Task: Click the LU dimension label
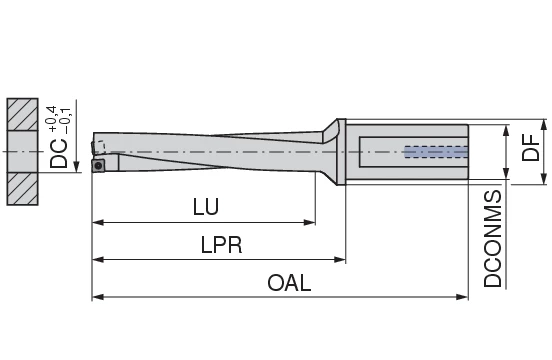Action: click(206, 207)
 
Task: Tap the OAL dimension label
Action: click(289, 283)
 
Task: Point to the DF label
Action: click(531, 151)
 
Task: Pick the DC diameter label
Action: click(60, 151)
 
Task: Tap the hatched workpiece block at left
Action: click(21, 151)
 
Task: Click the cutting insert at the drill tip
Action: click(98, 164)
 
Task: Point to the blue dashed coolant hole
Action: click(434, 153)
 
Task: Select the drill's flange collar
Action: click(341, 151)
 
